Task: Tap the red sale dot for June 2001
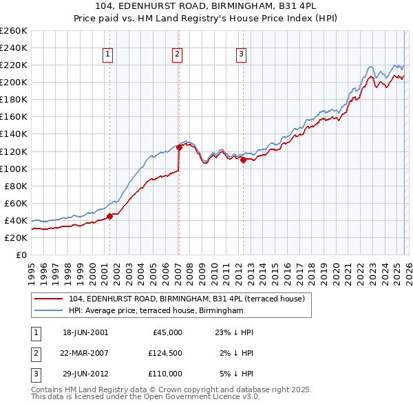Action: tap(109, 216)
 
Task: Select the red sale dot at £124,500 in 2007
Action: tap(179, 147)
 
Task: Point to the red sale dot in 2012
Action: tap(243, 160)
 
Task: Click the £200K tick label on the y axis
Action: tap(14, 82)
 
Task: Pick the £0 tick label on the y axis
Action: tap(22, 255)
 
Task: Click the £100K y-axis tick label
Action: tap(14, 169)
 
